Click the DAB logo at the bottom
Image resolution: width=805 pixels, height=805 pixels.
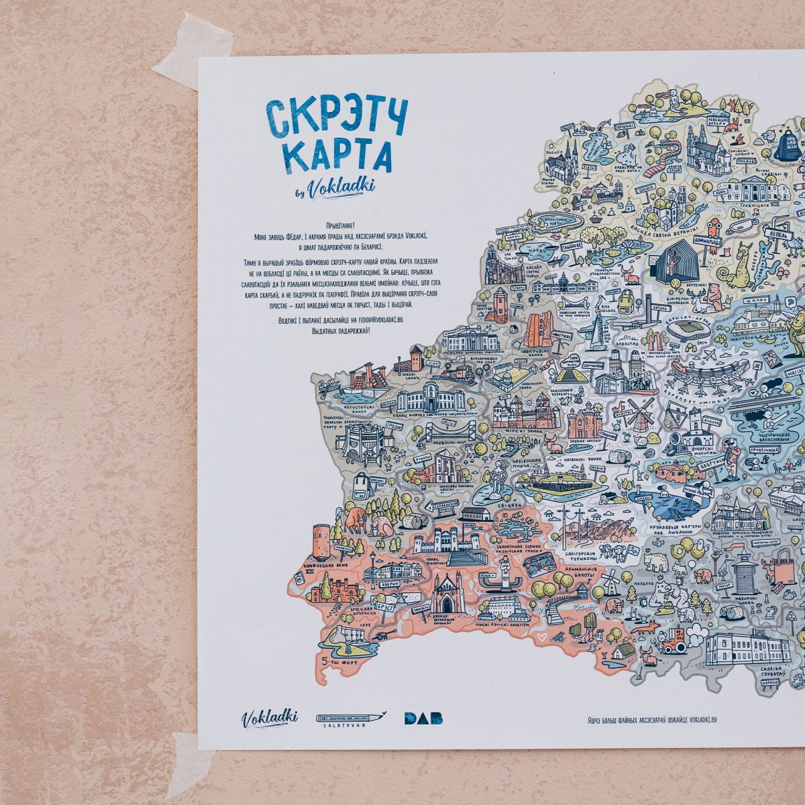point(423,718)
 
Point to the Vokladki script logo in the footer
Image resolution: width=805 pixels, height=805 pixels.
point(270,717)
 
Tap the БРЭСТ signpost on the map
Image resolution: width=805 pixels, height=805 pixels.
point(385,604)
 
